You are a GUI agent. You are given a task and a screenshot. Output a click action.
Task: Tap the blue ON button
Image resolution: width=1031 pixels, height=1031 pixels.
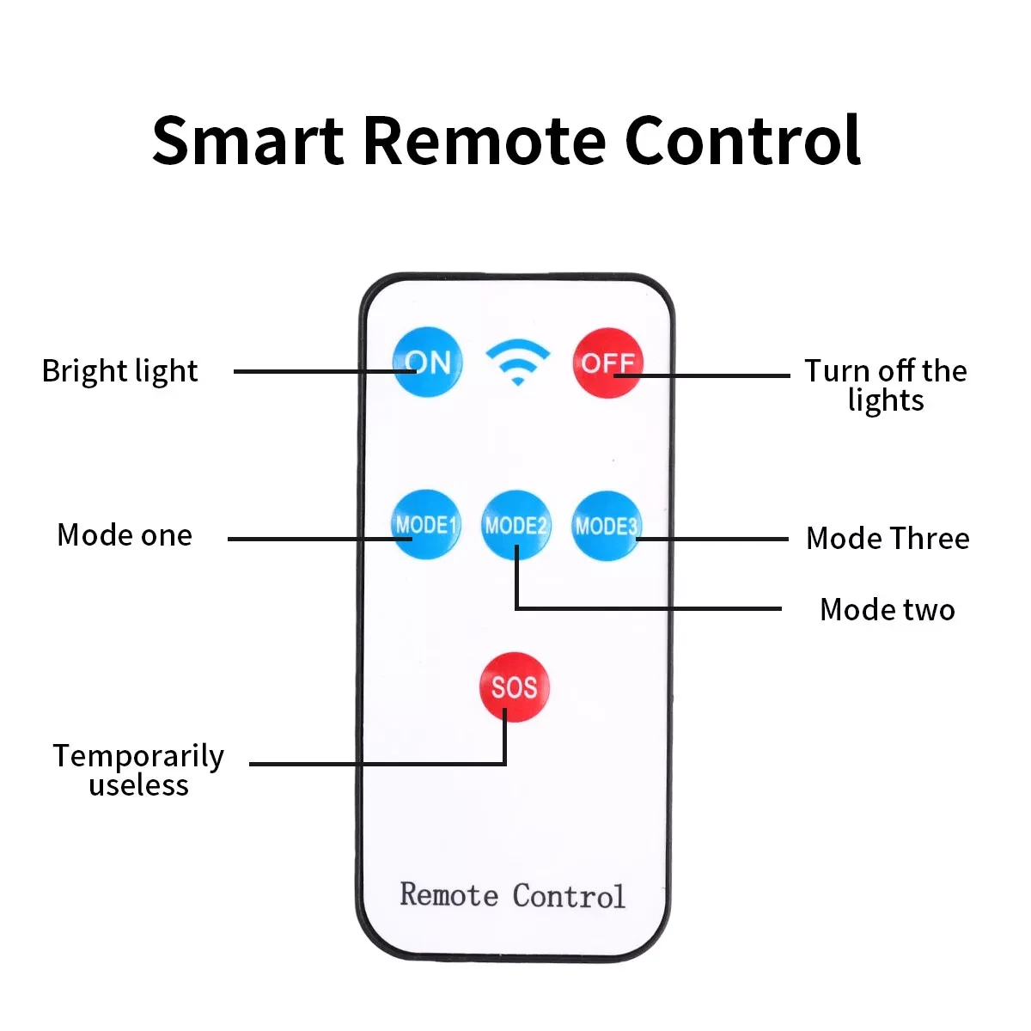pos(427,362)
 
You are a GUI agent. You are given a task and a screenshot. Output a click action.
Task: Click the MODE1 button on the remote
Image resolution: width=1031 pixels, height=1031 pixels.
pos(426,524)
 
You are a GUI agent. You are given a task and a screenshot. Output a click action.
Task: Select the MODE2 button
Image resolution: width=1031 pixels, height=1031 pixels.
pos(515,524)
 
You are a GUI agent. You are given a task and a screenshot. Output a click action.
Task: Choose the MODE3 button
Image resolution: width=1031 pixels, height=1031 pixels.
pos(606,525)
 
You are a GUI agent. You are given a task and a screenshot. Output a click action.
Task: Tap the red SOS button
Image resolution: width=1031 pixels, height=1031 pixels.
pos(514,687)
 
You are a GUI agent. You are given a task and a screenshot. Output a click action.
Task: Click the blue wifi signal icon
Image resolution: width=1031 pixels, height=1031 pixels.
pos(517,361)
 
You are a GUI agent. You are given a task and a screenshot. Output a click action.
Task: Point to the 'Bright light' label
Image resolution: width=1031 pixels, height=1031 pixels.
pos(119,371)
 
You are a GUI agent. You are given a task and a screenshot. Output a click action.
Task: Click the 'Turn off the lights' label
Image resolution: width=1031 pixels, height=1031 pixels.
pos(885,385)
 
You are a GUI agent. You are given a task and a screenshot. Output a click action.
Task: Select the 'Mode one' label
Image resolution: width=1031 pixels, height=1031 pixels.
pos(125,535)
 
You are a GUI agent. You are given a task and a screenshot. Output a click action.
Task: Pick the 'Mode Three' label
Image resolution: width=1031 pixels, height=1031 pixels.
pos(888,539)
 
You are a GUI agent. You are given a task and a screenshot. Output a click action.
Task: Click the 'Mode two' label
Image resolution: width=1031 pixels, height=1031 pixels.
pos(888,610)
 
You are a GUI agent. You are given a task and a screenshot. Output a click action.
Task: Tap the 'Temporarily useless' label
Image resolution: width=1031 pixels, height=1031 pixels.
pos(138,770)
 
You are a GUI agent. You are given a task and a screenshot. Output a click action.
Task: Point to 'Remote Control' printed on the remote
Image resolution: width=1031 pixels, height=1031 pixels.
pos(512,895)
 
